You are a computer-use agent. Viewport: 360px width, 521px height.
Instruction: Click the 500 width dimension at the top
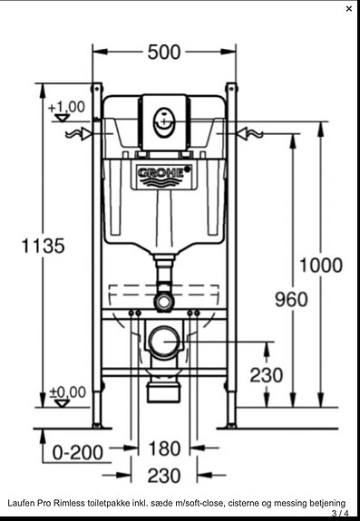[x=164, y=53]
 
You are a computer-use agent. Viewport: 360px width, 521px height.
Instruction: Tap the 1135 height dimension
[x=44, y=246]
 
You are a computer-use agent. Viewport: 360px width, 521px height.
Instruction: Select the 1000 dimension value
[x=321, y=265]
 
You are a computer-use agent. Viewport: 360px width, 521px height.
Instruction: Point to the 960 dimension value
[x=291, y=299]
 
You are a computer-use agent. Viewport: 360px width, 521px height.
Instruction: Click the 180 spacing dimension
[x=164, y=449]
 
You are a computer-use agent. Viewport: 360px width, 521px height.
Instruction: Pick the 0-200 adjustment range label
[x=78, y=452]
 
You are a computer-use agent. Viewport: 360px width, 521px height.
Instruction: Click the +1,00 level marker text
[x=66, y=107]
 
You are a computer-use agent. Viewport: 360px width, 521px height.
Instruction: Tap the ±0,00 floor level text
[x=67, y=392]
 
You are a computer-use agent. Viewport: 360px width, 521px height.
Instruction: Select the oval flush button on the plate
[x=163, y=122]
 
